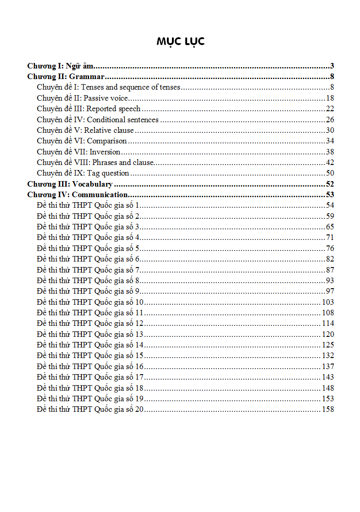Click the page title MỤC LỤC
[x=180, y=41]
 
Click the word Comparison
[x=107, y=141]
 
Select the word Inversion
[x=105, y=152]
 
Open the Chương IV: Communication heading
[x=77, y=195]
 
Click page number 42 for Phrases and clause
[x=330, y=162]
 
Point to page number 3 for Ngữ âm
[x=332, y=66]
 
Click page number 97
[x=330, y=291]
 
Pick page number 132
[x=328, y=356]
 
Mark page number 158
[x=328, y=410]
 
